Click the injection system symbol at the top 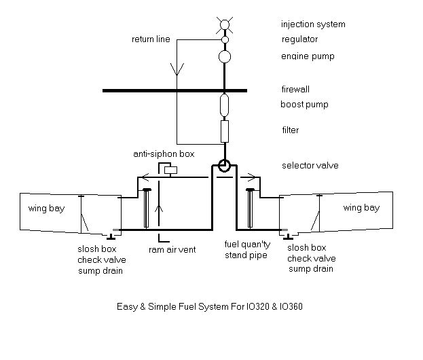coord(225,26)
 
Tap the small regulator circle coord(225,40)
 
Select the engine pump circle coord(225,56)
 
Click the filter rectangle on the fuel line coord(225,130)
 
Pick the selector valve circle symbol coord(225,165)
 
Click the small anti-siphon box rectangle coord(171,168)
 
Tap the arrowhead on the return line coord(178,70)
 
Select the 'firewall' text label coord(296,89)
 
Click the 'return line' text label coord(150,39)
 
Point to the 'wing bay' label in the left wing coord(46,208)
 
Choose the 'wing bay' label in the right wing coord(361,208)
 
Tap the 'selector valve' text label coord(310,166)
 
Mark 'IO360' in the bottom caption coord(289,306)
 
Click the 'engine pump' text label coord(308,56)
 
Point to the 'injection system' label coord(313,24)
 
